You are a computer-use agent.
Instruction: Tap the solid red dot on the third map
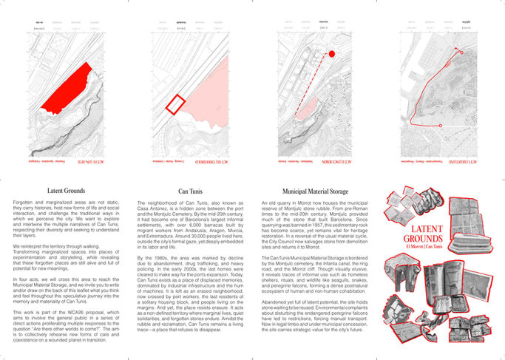click(332, 54)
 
